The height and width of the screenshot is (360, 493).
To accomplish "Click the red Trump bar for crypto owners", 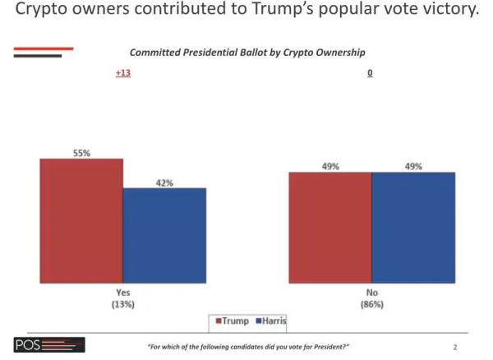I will [81, 220].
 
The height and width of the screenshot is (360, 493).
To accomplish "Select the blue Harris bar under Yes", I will [164, 235].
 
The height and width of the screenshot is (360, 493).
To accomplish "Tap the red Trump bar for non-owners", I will [330, 227].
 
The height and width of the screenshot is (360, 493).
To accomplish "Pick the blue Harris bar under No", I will [413, 227].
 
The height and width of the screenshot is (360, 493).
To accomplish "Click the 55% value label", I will [81, 152].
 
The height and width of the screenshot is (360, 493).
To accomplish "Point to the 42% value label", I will [164, 182].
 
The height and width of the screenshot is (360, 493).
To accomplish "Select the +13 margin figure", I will [122, 73].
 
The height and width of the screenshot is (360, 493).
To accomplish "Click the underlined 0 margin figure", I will [371, 73].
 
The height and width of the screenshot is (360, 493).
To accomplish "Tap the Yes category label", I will [122, 292].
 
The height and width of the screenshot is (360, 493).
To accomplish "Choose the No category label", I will [371, 292].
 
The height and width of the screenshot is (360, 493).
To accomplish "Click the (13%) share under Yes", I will [122, 304].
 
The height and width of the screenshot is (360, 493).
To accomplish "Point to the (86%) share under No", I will [371, 304].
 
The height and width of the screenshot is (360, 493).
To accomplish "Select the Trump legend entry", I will [233, 321].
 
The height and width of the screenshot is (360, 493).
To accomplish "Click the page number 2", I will [454, 347].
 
